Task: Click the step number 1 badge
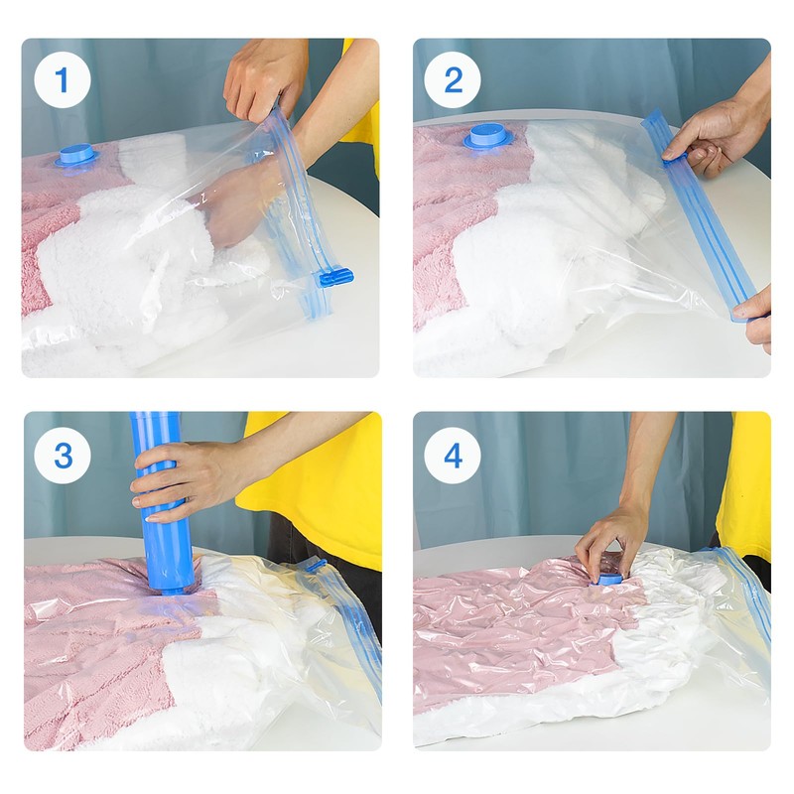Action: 63,80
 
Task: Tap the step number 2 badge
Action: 453,80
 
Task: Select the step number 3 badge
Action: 63,456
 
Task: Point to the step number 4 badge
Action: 453,456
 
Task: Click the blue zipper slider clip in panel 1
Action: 334,278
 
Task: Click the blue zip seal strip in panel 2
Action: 703,214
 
